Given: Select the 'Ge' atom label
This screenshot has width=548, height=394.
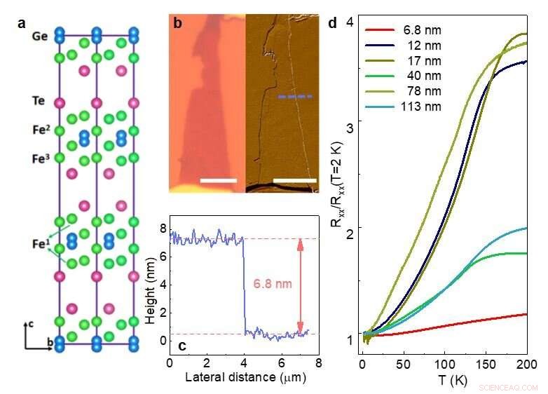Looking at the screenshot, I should coord(39,36).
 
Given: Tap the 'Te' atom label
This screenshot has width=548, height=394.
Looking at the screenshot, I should coord(39,101).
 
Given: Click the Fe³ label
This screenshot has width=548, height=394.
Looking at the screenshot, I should coord(41,158).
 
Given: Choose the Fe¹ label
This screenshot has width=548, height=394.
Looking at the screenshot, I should coord(40,246).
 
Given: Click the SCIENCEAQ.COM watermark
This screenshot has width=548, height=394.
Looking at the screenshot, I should coord(507,387).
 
